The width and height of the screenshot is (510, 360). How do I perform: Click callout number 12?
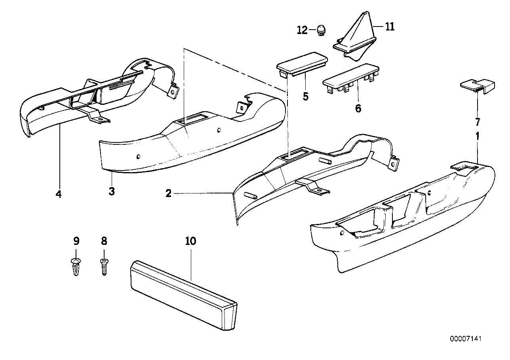click(302, 30)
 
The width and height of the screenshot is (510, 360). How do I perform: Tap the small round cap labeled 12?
click(321, 30)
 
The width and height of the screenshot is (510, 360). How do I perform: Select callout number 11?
click(390, 27)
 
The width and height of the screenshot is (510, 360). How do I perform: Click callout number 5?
click(305, 96)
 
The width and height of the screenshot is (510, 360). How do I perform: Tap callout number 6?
click(358, 108)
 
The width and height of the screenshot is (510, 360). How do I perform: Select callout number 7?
click(477, 122)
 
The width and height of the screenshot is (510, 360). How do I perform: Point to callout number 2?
click(168, 193)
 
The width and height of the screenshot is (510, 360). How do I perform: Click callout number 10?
click(190, 241)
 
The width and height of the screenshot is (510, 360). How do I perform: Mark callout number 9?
click(76, 241)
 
